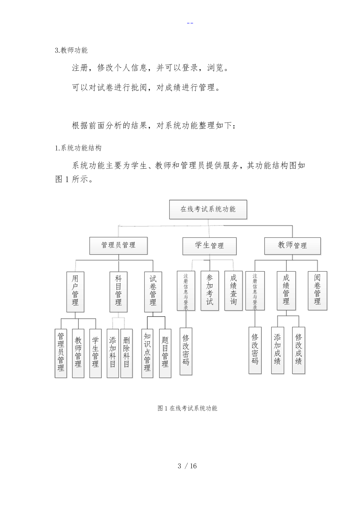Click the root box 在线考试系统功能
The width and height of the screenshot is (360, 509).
point(208,209)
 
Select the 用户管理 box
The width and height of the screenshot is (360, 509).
point(75,292)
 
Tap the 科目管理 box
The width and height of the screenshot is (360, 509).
point(118,292)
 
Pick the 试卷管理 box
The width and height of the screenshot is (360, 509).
point(153,292)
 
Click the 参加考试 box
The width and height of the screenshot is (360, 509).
point(210,291)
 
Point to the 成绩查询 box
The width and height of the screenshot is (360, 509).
point(233,291)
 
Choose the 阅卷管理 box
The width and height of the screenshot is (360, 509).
point(317,291)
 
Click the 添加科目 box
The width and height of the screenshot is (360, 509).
point(113,353)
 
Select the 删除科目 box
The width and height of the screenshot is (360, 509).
point(127,353)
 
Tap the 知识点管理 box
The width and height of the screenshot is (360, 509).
point(147,353)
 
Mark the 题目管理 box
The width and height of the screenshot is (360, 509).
point(165,353)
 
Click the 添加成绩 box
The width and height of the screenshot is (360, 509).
point(277,350)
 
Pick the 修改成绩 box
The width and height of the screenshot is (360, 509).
point(299,350)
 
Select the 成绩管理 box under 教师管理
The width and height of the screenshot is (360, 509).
point(286,291)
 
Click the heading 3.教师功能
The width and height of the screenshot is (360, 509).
point(71,50)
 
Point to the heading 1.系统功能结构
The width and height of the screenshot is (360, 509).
point(78,148)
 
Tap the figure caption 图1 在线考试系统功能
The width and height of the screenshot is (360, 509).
point(187,408)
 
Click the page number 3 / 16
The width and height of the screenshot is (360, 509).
point(187,466)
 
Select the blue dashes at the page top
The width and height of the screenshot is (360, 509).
point(190,23)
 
